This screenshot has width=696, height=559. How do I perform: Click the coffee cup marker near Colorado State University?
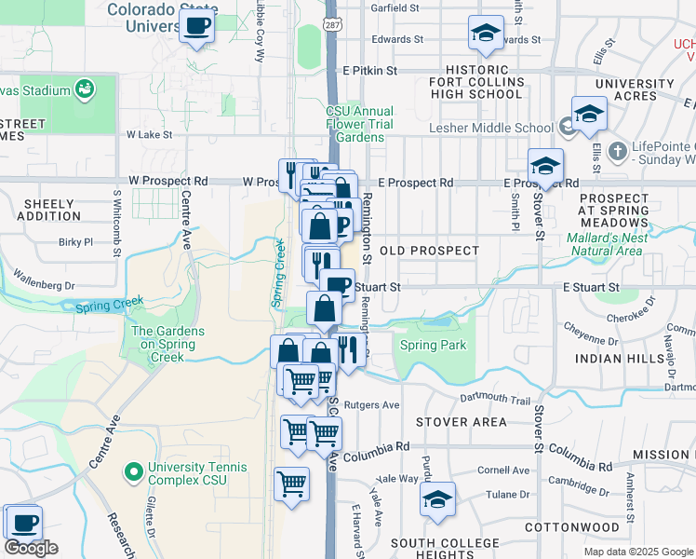pyautogui.click(x=196, y=26)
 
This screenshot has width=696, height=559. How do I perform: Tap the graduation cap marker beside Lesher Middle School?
pyautogui.click(x=589, y=114)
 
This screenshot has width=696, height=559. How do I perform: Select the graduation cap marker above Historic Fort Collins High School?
pyautogui.click(x=484, y=35)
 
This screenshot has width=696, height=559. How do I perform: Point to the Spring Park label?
pyautogui.click(x=433, y=346)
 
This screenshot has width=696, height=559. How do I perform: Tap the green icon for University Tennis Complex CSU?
pyautogui.click(x=133, y=472)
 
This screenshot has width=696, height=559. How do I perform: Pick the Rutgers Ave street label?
pyautogui.click(x=371, y=405)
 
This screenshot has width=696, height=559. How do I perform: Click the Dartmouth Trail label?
pyautogui.click(x=495, y=400)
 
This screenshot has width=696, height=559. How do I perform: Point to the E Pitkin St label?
pyautogui.click(x=369, y=70)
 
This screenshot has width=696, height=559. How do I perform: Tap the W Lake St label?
pyautogui.click(x=150, y=134)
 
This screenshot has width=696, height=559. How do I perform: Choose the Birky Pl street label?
pyautogui.click(x=76, y=241)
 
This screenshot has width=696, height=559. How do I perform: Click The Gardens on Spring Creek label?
pyautogui.click(x=164, y=344)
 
